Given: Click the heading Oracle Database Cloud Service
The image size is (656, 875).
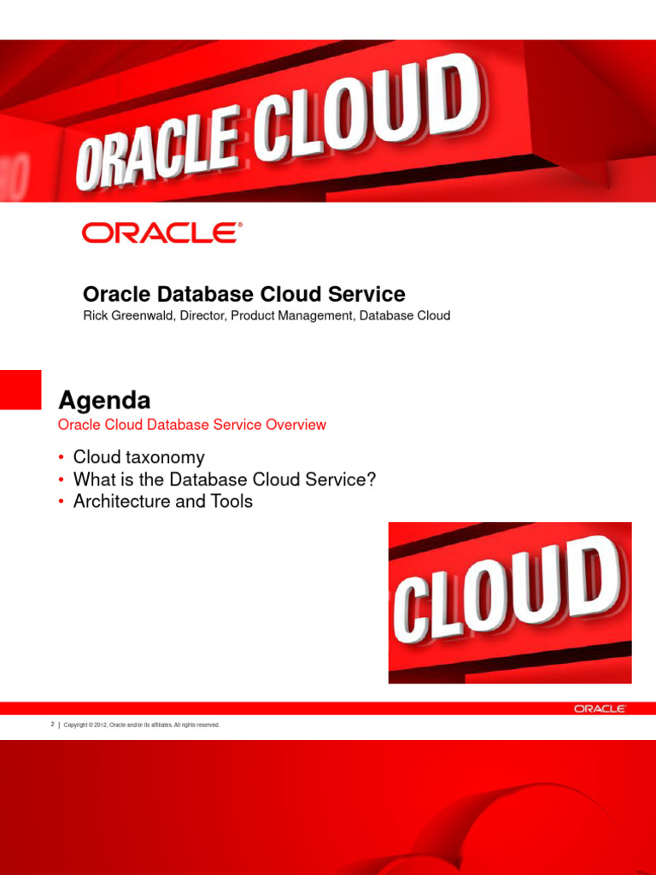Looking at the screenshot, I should [243, 295].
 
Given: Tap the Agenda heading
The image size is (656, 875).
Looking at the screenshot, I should [104, 400].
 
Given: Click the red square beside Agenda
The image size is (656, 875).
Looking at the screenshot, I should [20, 390].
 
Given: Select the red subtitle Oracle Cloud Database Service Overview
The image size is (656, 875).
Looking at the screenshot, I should [191, 425].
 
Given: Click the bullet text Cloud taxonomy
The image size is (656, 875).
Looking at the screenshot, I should [138, 457].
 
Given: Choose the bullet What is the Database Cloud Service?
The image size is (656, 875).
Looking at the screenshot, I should [225, 479].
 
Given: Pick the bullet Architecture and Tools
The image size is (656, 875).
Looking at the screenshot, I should [163, 502].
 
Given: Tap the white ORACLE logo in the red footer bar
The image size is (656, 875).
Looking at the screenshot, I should [600, 708].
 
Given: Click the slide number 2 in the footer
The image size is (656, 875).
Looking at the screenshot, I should [53, 725].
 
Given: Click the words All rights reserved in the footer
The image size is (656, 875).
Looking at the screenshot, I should [197, 725].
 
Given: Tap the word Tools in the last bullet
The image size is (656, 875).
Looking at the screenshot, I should [231, 502].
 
